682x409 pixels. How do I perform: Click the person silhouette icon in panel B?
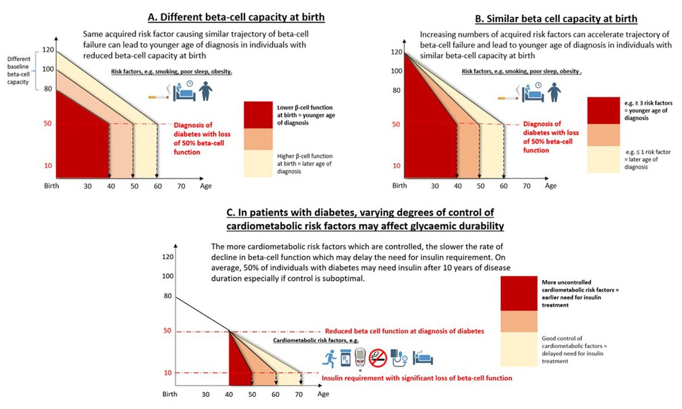coord(552,93)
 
